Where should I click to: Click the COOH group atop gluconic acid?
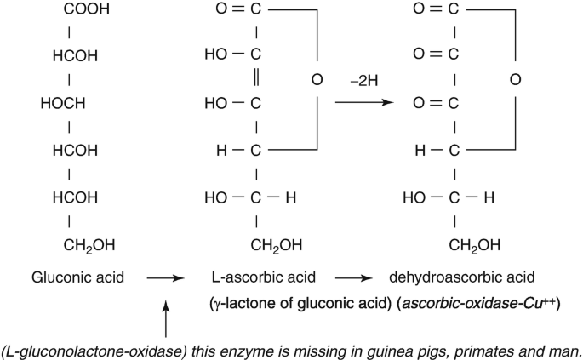point(83,11)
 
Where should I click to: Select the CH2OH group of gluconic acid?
point(88,246)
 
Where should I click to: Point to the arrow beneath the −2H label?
point(367,103)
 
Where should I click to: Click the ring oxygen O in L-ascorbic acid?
point(317,81)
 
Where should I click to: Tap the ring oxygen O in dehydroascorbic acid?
point(514,81)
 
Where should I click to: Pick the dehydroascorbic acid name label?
point(462,277)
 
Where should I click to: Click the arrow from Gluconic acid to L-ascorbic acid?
point(165,278)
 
